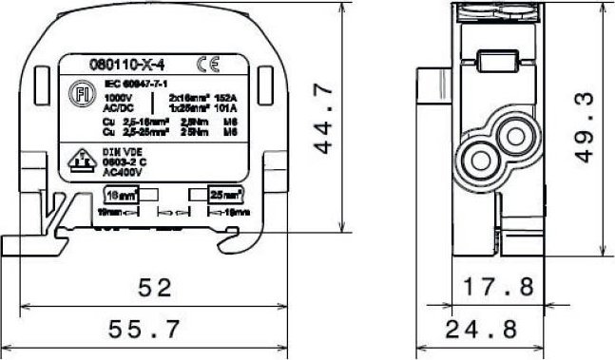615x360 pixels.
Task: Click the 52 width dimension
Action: point(155,287)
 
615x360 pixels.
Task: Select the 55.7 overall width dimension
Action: point(155,330)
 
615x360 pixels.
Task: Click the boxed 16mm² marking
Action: point(118,195)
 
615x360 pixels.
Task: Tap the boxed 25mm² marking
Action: point(225,195)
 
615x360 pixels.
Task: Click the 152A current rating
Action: point(226,97)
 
